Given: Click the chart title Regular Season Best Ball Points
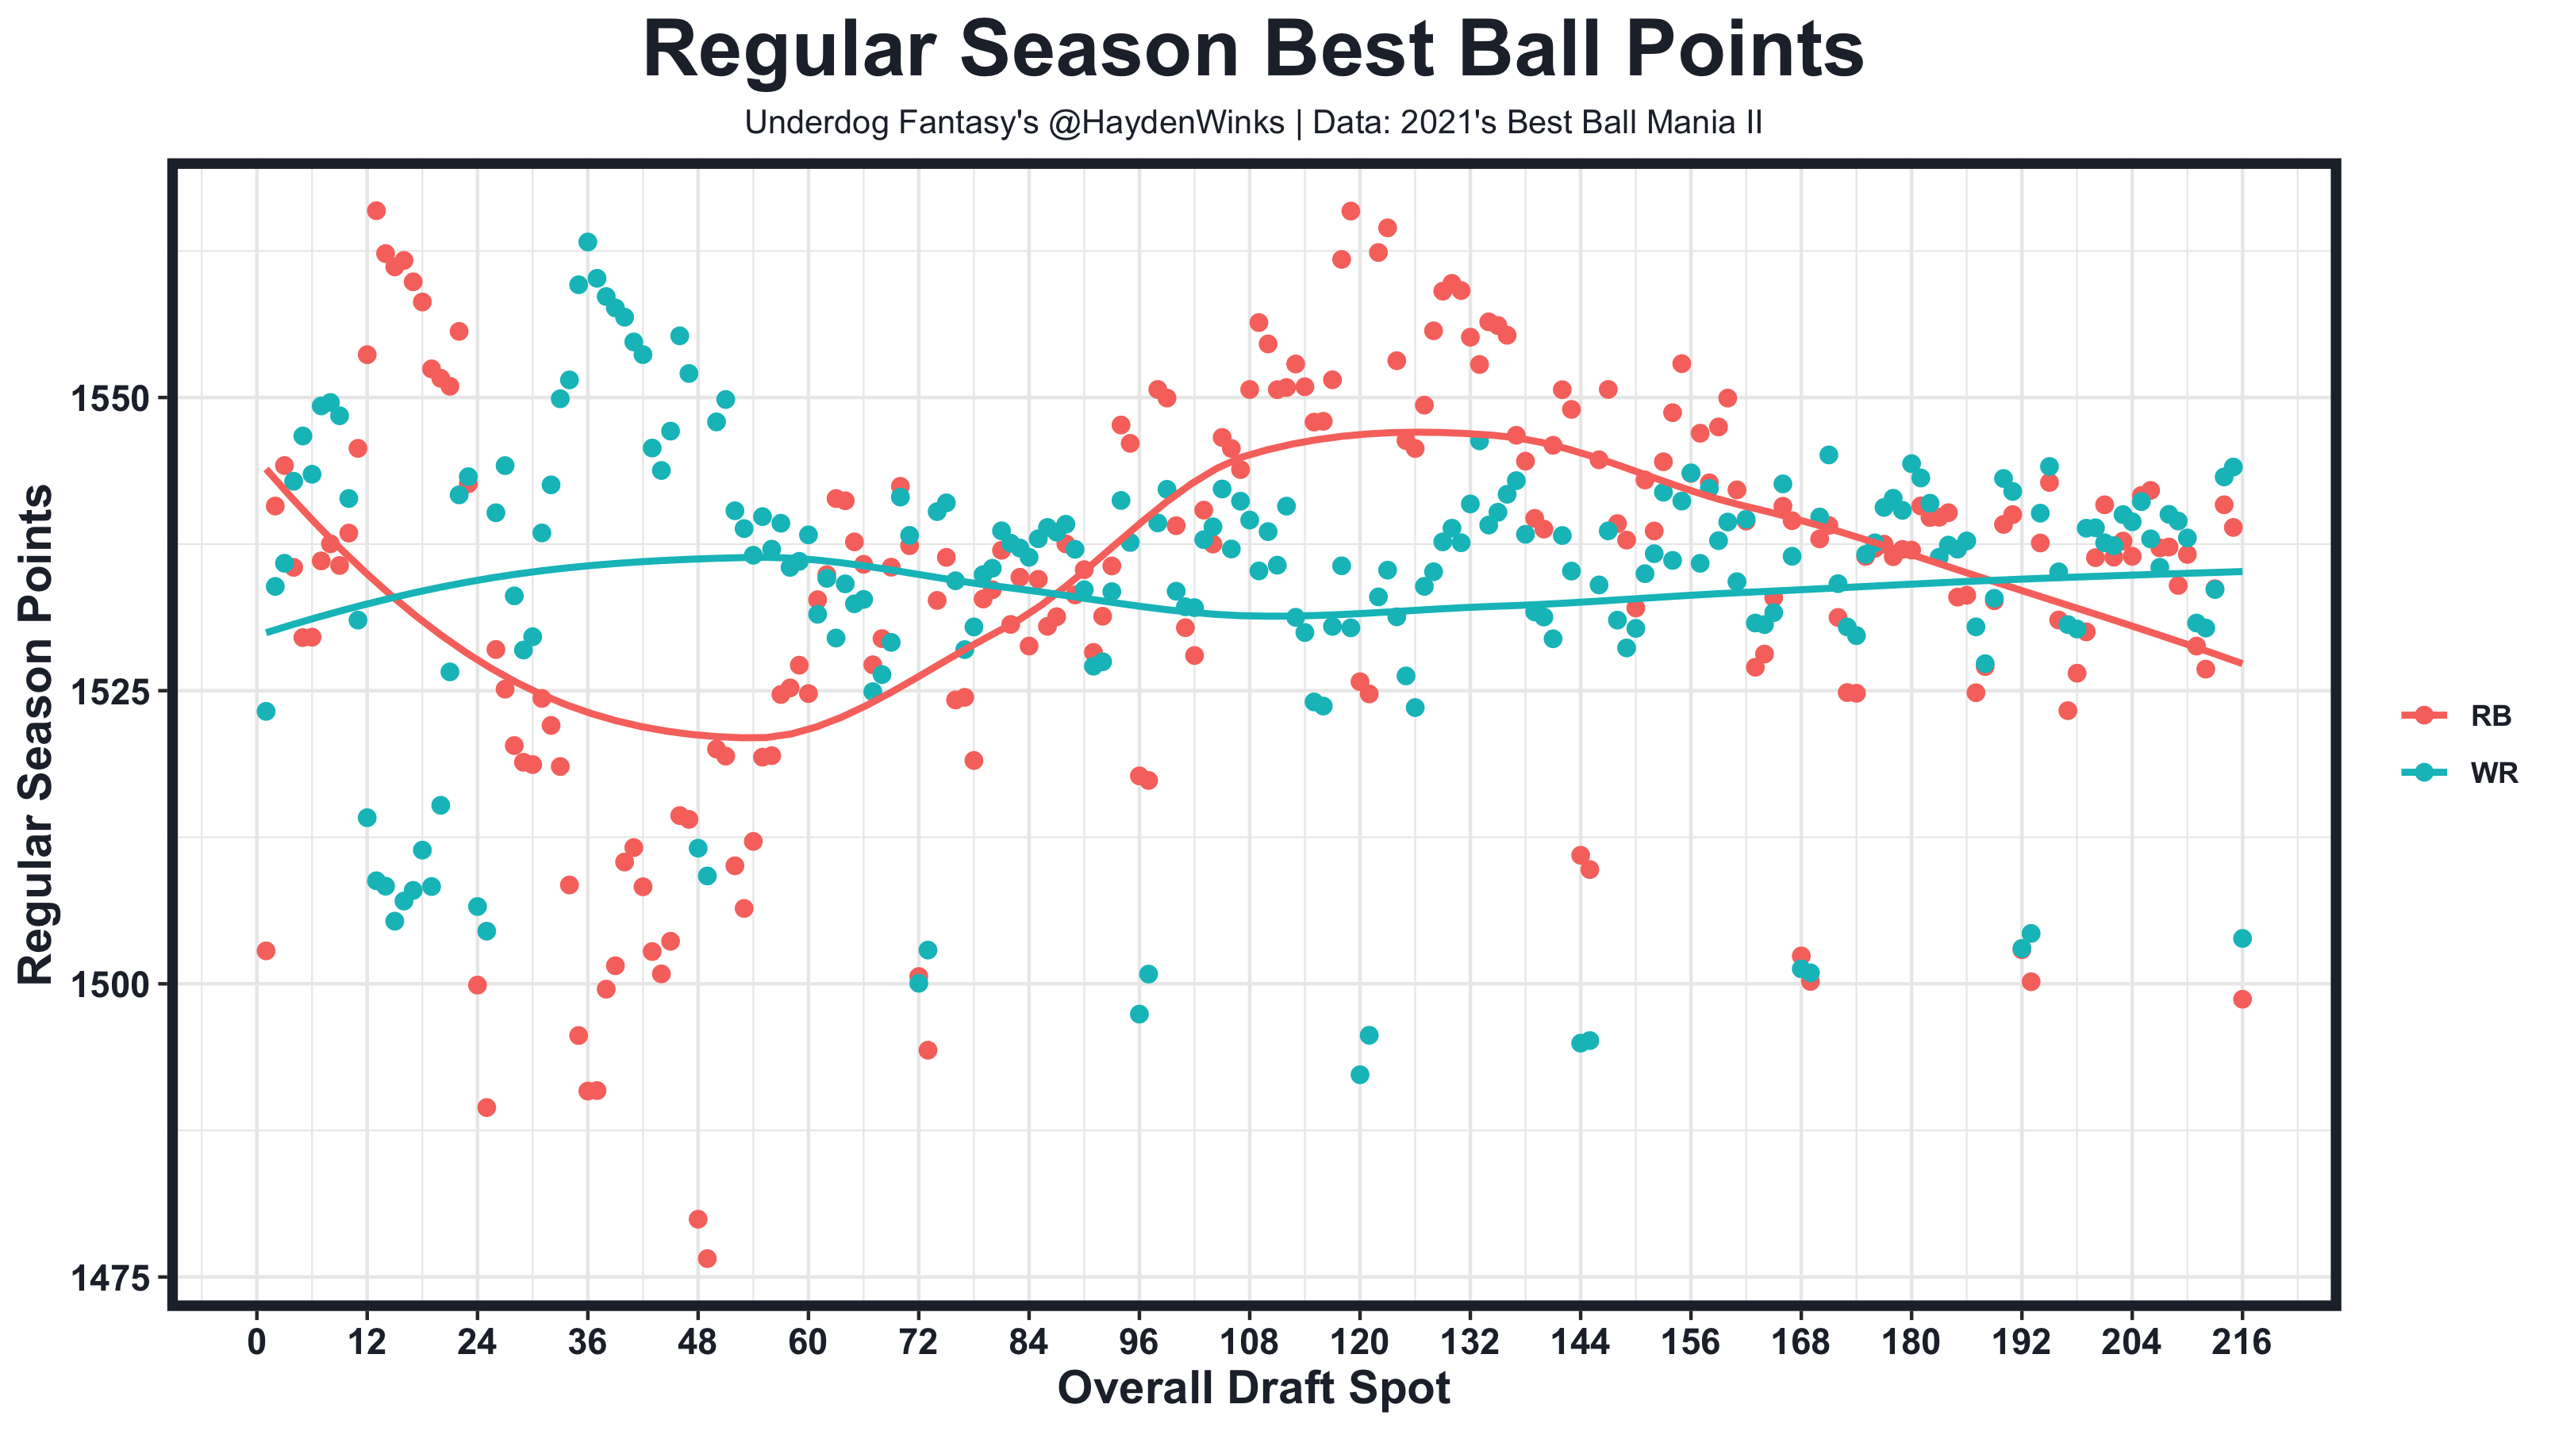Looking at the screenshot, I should coord(1253,50).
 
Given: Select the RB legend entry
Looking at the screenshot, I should coord(2490,716).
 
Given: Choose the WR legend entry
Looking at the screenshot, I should coord(2492,773).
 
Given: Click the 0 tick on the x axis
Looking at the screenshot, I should coord(257,1341).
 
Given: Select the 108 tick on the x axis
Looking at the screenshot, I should coord(1249,1341).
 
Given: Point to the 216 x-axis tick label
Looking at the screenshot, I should coord(2242,1341).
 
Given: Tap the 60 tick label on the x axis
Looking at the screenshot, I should coord(809,1341).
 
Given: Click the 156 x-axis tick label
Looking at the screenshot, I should coord(1690,1341).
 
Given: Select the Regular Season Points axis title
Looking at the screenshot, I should coord(36,735).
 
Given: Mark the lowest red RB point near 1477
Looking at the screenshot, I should coord(707,1258).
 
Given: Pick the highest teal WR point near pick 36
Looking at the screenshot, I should coord(587,242).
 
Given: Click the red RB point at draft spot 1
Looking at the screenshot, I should coord(266,951).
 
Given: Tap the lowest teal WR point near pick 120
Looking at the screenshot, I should coord(1360,1075).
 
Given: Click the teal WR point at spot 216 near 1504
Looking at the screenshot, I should coord(2242,938).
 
